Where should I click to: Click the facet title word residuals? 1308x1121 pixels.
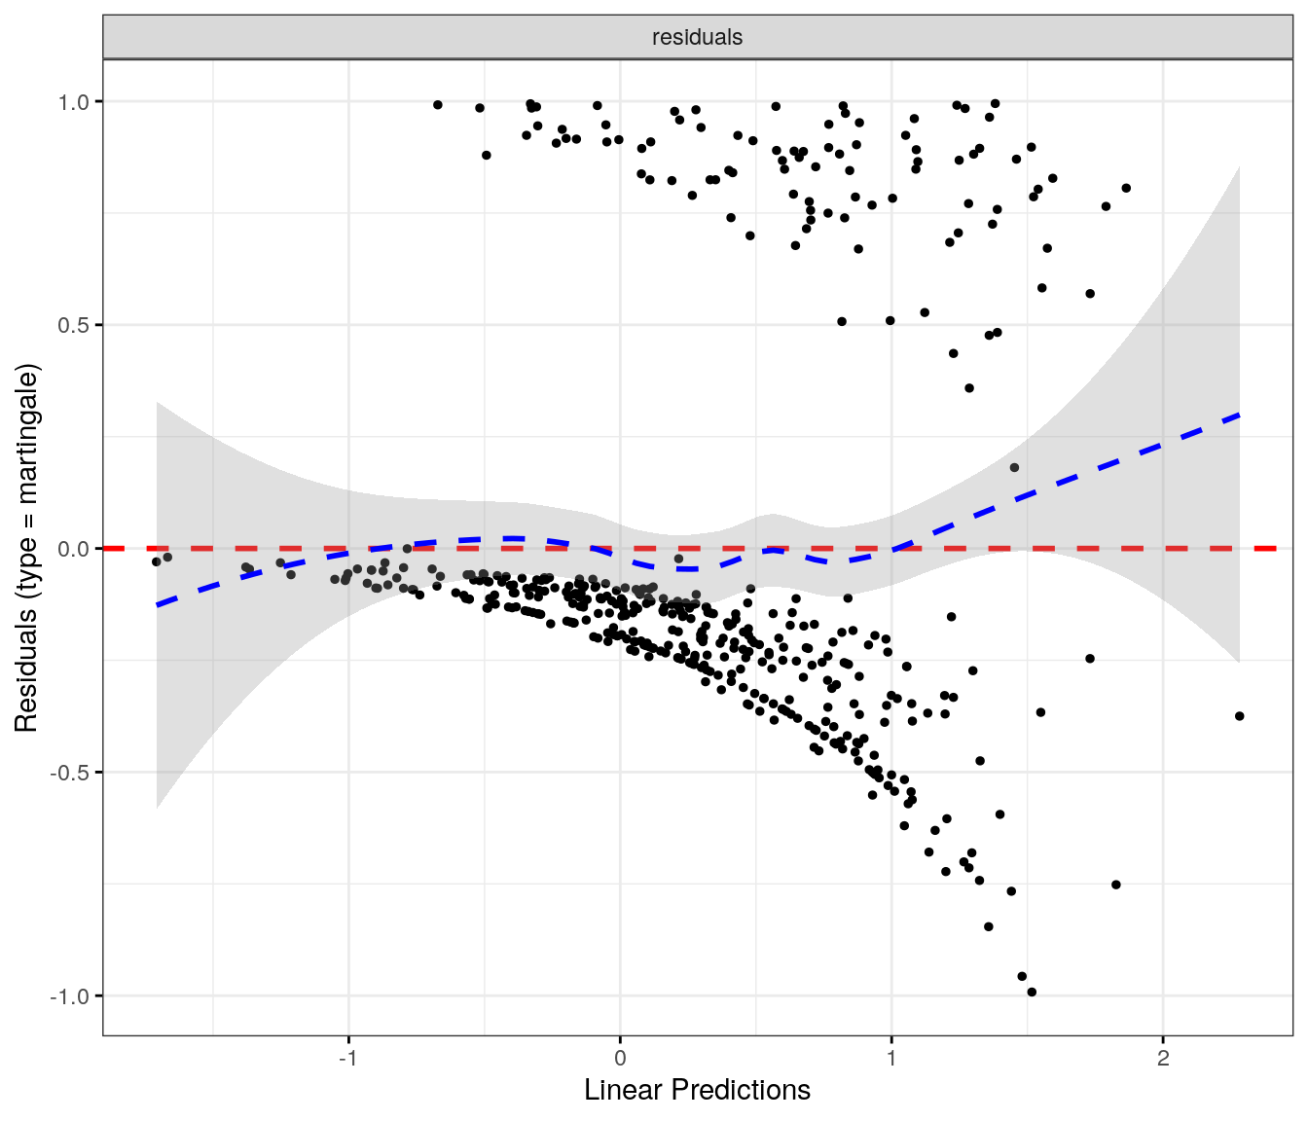(697, 37)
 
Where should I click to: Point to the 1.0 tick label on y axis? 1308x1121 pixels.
(74, 101)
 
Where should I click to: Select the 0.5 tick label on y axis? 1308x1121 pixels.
(74, 325)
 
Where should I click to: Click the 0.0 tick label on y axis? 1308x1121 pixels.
(74, 549)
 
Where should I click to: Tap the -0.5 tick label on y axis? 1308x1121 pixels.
(71, 773)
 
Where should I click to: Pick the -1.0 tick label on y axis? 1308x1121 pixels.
(71, 996)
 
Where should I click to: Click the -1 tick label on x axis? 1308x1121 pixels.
(348, 1059)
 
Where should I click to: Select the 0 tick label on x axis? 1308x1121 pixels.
(620, 1059)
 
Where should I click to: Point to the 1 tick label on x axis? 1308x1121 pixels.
(891, 1059)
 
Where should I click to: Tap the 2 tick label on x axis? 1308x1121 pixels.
(1163, 1059)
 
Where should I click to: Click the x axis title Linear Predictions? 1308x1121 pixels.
(697, 1091)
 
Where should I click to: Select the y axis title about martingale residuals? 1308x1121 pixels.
(26, 549)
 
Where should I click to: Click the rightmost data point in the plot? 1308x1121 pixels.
(1240, 716)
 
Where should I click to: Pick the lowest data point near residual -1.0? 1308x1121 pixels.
(1032, 992)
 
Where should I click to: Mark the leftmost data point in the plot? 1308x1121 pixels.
(156, 561)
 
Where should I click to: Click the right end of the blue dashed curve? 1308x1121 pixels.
(1239, 415)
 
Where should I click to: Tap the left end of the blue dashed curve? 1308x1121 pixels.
(158, 605)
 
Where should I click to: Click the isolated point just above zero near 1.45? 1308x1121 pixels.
(1014, 468)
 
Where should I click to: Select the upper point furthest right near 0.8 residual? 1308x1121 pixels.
(1126, 188)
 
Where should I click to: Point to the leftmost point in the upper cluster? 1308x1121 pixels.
(438, 105)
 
